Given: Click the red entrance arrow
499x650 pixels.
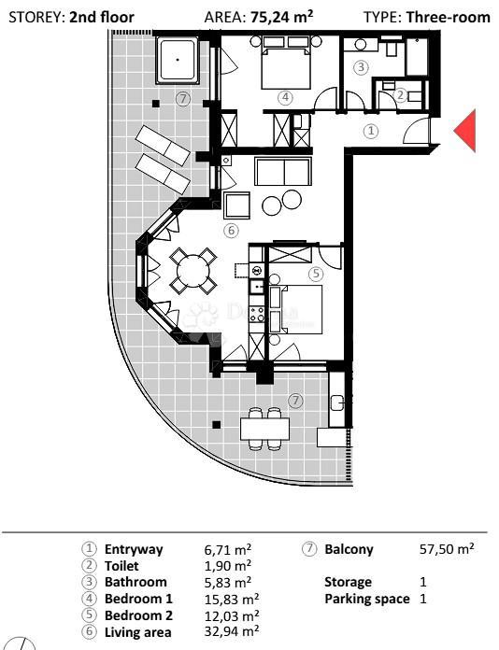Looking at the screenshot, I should click(465, 130).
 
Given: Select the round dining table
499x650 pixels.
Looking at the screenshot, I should click(193, 271).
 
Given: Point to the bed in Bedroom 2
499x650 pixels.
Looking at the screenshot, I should click(297, 309).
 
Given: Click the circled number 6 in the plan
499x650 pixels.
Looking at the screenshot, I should click(231, 231).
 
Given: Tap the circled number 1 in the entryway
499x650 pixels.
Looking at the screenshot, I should click(371, 132).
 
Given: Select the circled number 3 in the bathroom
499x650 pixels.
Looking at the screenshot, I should click(362, 66).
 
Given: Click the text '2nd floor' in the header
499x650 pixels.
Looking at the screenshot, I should click(102, 17).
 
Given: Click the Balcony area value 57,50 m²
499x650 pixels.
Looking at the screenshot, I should click(447, 550).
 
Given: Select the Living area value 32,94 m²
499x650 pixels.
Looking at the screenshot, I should click(231, 631).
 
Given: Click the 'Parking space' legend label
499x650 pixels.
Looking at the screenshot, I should click(367, 599).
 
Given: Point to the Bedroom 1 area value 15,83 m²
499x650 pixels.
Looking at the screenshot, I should click(231, 599).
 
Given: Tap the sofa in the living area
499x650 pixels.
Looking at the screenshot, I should click(283, 173).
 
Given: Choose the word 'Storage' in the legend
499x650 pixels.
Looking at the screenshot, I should click(348, 582).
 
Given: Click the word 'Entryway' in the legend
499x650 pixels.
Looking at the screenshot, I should click(134, 550).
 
